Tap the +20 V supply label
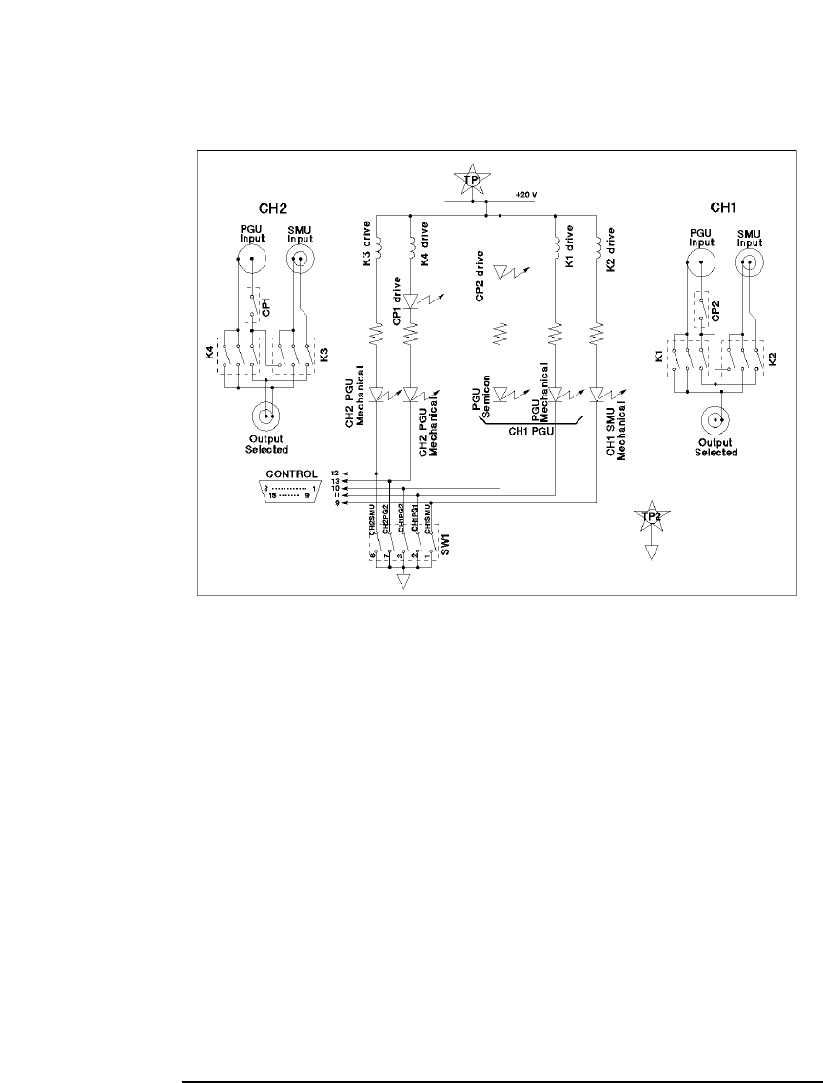coord(527,194)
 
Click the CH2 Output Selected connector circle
coord(265,415)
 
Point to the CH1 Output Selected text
coord(716,446)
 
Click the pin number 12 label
coord(335,473)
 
